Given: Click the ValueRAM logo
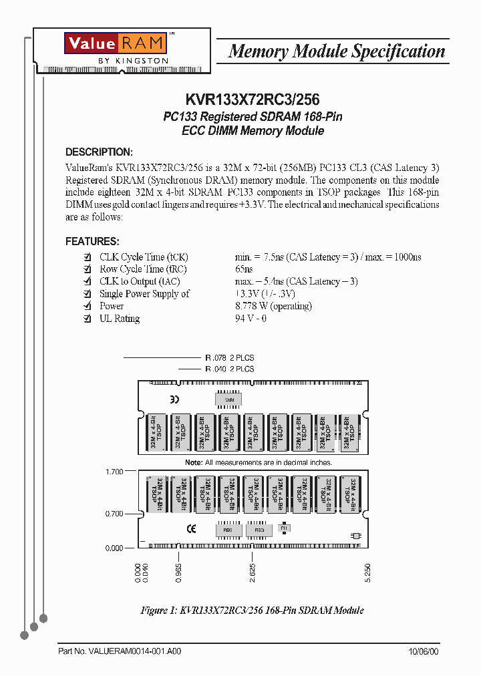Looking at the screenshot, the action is (115, 43).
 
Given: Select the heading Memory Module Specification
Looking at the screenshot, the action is (337, 51).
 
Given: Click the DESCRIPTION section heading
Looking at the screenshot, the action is (99, 152).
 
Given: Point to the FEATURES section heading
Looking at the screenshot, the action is (92, 241).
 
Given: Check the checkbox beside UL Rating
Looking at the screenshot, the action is (86, 319).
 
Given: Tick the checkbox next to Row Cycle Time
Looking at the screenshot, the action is (86, 269).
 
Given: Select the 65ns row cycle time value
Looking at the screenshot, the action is (244, 269).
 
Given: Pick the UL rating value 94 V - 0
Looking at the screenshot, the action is (251, 319).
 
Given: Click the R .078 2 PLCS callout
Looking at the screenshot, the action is (229, 358).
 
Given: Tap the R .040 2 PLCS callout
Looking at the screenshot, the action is (229, 369).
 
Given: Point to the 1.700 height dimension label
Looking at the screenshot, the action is (114, 472).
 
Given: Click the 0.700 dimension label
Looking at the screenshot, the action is (114, 514).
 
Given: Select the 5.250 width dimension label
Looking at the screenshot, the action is (367, 573).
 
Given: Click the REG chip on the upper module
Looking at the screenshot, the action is (228, 399).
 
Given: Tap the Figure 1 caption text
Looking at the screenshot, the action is (252, 611).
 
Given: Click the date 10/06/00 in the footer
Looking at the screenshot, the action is (424, 651).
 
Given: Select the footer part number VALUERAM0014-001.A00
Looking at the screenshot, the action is (120, 651).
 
